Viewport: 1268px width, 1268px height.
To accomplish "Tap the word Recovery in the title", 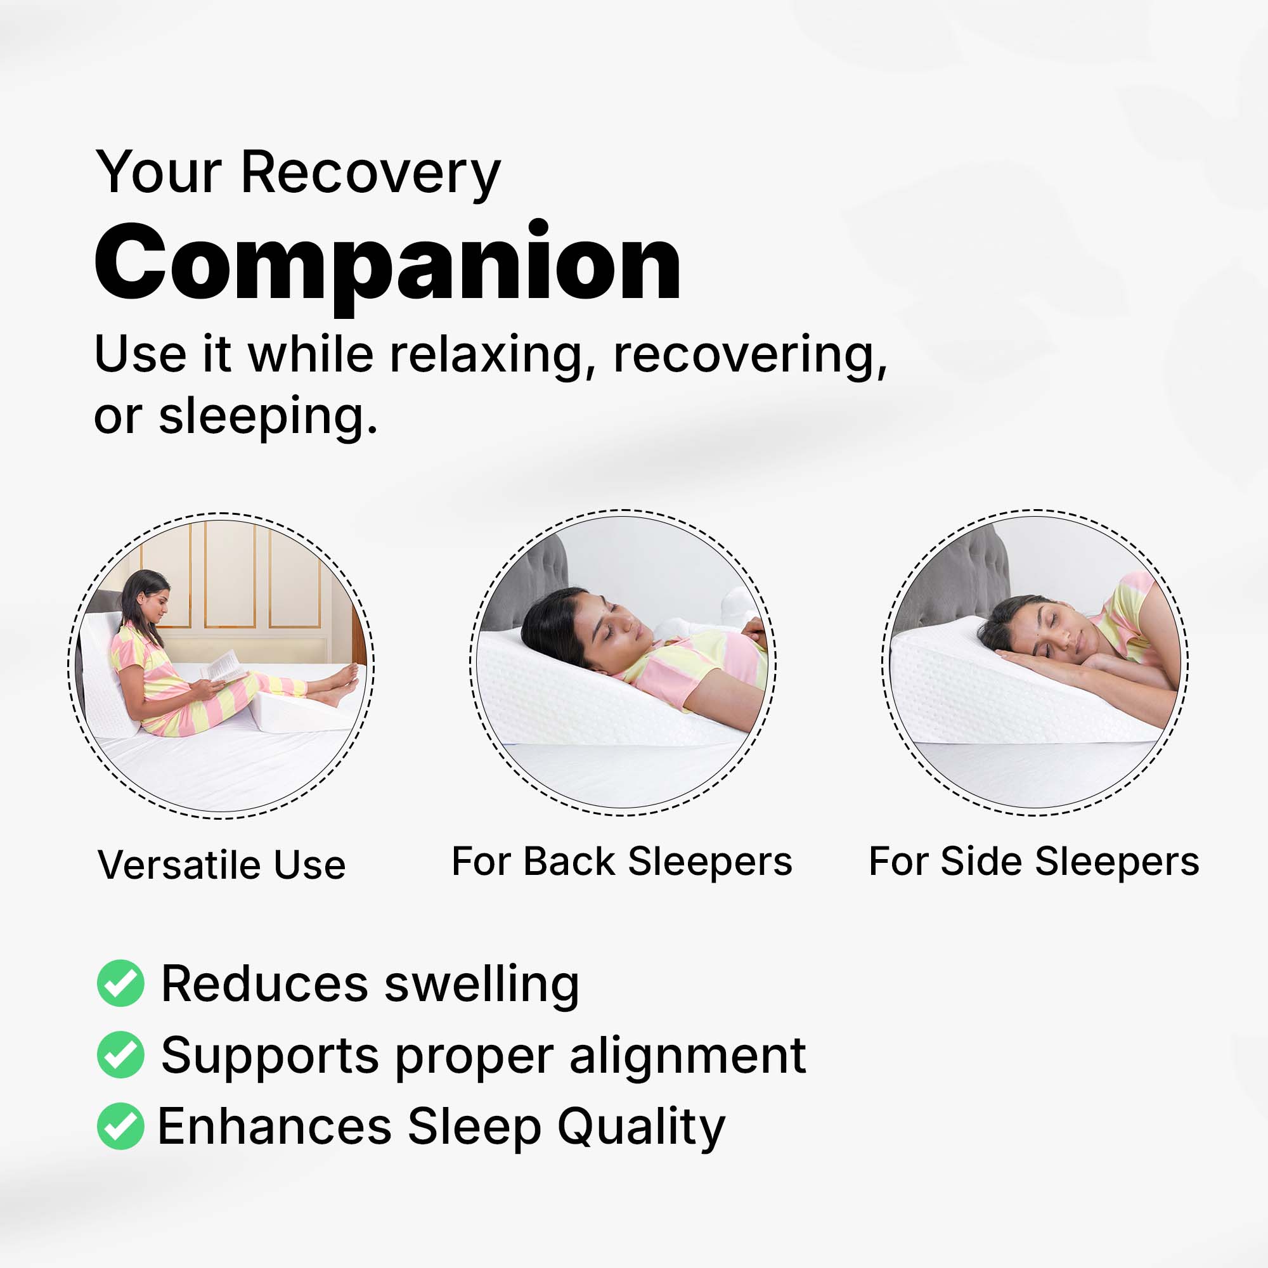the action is (371, 173).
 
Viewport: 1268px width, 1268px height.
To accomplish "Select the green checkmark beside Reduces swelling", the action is (120, 983).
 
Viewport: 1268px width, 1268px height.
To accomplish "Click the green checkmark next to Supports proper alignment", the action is (120, 1055).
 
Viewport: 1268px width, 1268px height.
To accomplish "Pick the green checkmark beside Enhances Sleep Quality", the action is (120, 1126).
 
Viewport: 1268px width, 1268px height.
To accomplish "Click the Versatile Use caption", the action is (222, 864).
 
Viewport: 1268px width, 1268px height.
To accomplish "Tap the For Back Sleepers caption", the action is (622, 861).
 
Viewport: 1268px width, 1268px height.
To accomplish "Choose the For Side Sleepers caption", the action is (1034, 861).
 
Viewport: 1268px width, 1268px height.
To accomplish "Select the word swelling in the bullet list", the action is (482, 985).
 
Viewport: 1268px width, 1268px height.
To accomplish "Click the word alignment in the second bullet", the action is (688, 1058).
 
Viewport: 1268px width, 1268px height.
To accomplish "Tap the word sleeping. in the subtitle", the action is (268, 417).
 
